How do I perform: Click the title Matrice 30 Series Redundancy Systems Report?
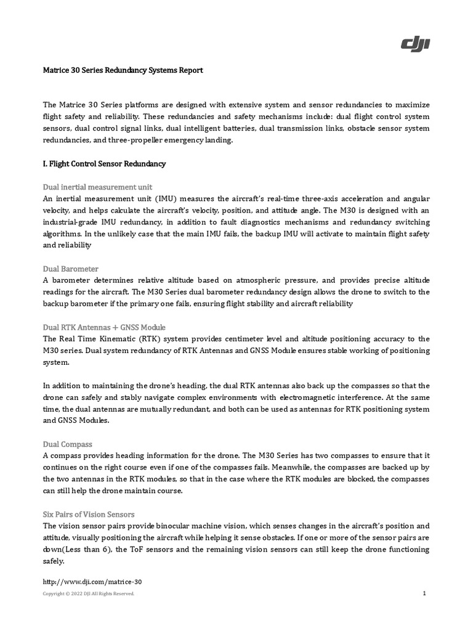[123, 71]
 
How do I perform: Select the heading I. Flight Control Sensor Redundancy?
[104, 165]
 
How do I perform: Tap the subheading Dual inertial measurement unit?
[97, 187]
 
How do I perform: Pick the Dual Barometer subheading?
[71, 269]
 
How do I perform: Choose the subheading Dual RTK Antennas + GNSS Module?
[104, 327]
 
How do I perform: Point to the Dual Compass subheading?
[68, 444]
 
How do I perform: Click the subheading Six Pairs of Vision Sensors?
[89, 514]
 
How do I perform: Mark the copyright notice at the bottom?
[88, 594]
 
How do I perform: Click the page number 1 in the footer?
[425, 593]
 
